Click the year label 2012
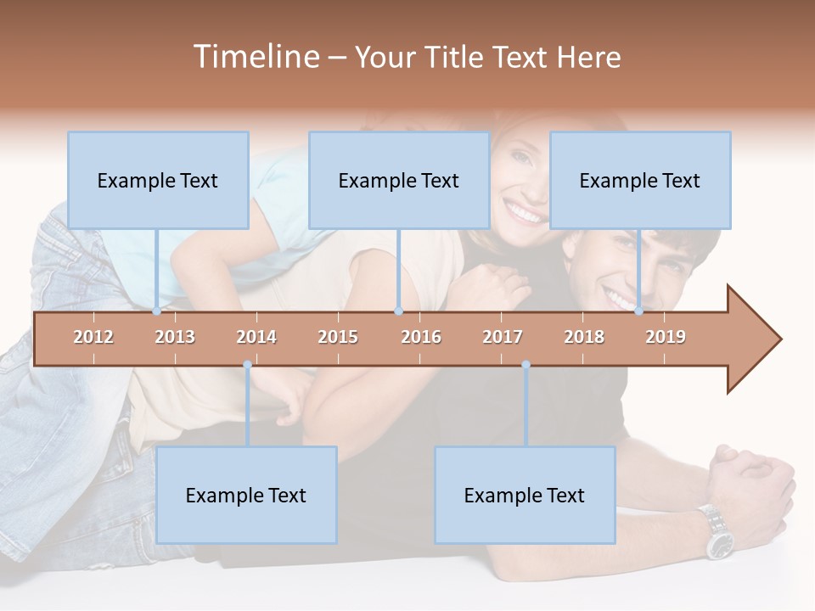tap(93, 337)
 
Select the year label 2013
tap(175, 337)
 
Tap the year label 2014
tap(256, 337)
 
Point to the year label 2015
tap(338, 337)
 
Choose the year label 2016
tap(421, 337)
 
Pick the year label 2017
tap(503, 337)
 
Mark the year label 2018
tap(584, 337)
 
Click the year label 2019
tap(666, 337)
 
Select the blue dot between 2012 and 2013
tap(157, 311)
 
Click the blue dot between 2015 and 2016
tap(398, 311)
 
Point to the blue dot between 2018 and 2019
tap(639, 311)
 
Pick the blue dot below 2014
tap(247, 365)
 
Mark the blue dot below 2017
tap(526, 365)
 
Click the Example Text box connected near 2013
tap(158, 180)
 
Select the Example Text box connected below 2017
tap(525, 495)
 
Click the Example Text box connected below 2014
tap(246, 495)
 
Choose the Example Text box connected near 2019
tap(640, 180)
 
